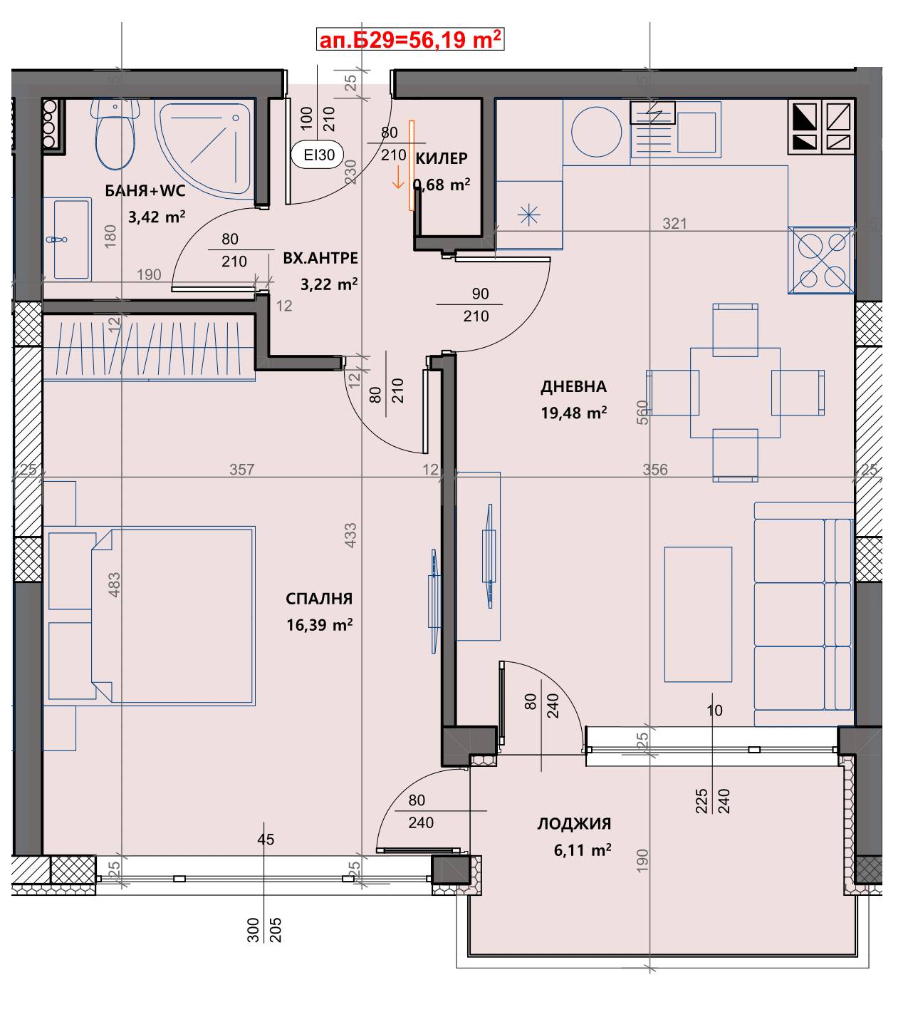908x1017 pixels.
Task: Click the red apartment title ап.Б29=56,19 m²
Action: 410,40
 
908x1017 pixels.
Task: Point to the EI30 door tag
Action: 318,155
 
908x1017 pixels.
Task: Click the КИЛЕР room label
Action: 442,159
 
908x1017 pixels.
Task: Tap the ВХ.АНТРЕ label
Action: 320,258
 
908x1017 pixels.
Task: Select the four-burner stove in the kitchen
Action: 820,260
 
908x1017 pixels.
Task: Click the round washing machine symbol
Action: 596,132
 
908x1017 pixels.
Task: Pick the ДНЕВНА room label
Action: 573,386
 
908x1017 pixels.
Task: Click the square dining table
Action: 735,393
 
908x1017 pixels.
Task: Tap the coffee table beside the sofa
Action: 698,614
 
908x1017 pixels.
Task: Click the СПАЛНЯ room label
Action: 319,599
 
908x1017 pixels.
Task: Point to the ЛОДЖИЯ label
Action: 575,824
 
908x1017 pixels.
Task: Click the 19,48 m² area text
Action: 574,413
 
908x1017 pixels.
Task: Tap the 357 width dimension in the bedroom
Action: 242,470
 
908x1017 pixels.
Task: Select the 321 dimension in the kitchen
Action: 674,223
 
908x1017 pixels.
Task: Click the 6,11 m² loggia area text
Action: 583,850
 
